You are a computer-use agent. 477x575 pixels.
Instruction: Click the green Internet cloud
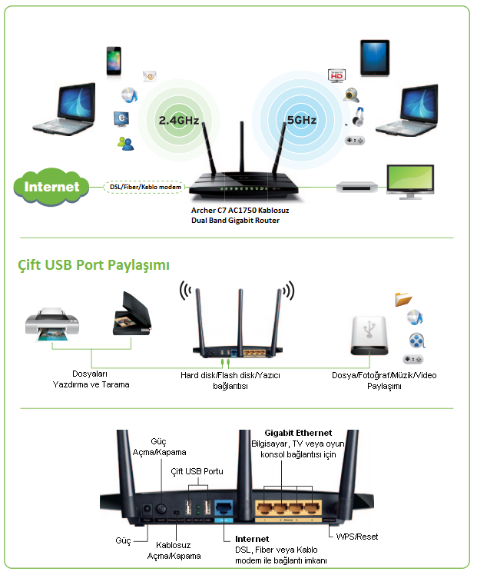(51, 187)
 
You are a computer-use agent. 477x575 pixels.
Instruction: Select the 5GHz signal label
(301, 121)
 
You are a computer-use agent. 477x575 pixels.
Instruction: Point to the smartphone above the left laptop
(114, 61)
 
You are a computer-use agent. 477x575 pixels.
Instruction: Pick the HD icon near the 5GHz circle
(335, 75)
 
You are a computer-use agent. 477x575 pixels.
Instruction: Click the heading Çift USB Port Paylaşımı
(94, 265)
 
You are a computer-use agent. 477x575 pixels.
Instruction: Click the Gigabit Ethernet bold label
(298, 434)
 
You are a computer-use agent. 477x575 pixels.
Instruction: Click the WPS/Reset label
(356, 536)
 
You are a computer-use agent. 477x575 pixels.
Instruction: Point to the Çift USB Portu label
(197, 471)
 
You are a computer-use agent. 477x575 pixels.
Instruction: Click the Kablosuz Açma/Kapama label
(174, 550)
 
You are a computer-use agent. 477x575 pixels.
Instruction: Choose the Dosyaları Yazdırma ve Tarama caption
(91, 379)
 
